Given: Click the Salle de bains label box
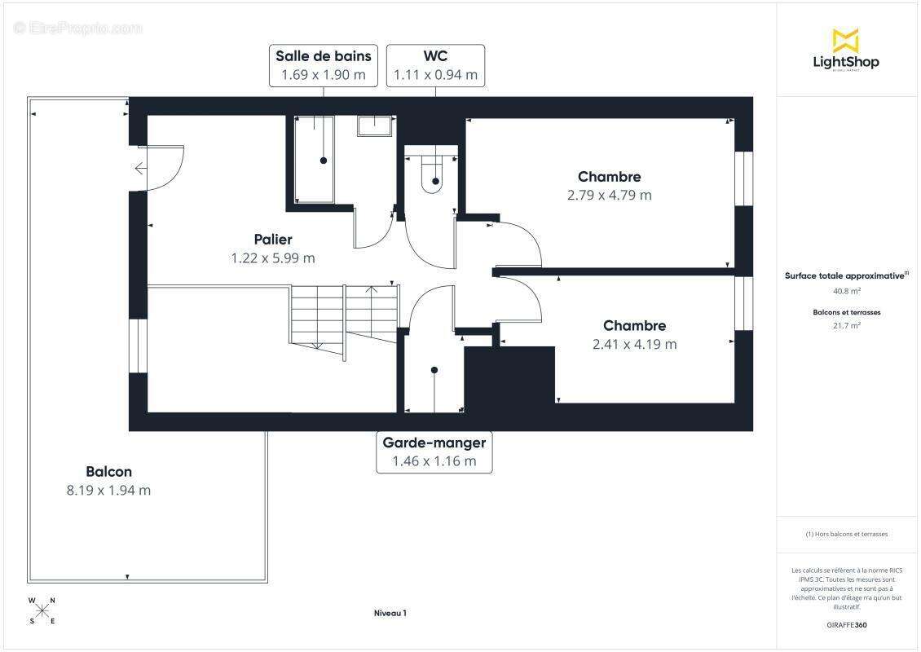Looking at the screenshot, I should [x=324, y=65].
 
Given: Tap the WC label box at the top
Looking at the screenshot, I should [x=435, y=65].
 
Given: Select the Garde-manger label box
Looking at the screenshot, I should [x=434, y=452].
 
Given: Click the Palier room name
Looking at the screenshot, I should [x=272, y=239].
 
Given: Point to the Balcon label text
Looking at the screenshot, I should [x=108, y=471].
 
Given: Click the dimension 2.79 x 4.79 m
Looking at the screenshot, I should [x=610, y=196].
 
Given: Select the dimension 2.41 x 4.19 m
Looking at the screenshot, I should [x=634, y=344].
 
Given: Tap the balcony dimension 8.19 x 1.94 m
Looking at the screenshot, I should [x=108, y=491].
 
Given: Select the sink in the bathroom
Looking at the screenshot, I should [x=376, y=125].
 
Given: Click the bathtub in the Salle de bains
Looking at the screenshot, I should [x=314, y=159].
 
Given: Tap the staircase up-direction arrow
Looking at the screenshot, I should [x=372, y=289].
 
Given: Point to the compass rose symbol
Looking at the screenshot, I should [x=42, y=610].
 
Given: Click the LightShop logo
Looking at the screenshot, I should [x=846, y=50].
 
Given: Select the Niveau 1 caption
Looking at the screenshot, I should [x=390, y=614].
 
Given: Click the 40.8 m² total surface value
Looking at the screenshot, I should [x=846, y=291].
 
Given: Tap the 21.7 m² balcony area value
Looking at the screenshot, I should [x=846, y=325].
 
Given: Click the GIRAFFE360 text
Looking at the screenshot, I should [x=846, y=625].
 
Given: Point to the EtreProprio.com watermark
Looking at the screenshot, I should [x=78, y=29].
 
